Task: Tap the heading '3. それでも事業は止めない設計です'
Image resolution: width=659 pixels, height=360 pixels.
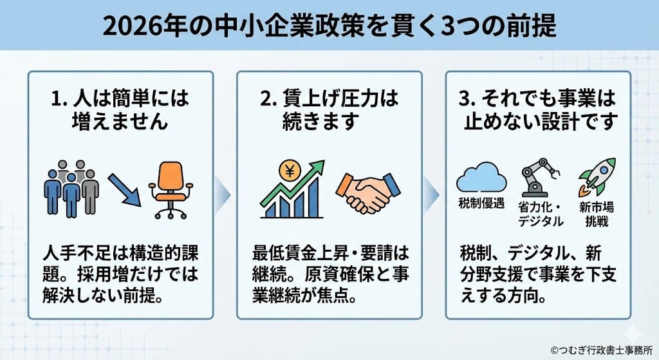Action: (539, 110)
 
